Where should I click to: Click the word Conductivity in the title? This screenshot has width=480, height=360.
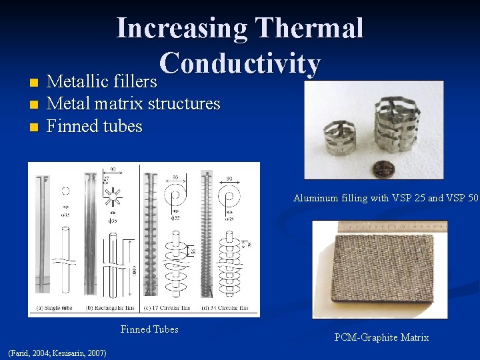240,63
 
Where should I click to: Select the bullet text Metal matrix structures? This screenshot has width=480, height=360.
133,104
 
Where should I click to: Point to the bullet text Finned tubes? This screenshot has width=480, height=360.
95,126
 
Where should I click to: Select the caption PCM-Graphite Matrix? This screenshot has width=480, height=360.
381,337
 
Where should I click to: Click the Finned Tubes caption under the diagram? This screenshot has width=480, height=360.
149,329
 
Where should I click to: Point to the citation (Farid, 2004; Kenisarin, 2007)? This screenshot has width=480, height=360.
55,352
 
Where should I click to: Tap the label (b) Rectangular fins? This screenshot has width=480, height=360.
107,308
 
